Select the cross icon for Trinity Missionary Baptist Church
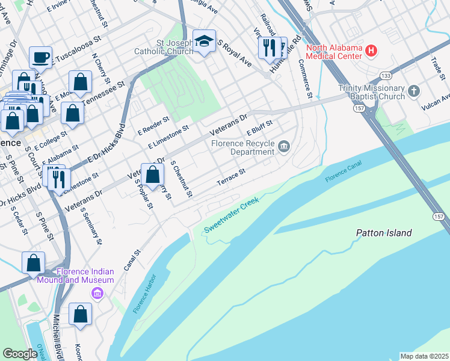click(413, 91)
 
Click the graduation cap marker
click(204, 42)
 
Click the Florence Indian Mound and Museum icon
click(96, 294)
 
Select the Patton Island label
click(383, 233)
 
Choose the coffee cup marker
click(40, 57)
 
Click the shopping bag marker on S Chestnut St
click(153, 175)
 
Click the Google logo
click(20, 354)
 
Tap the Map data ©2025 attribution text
click(424, 356)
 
